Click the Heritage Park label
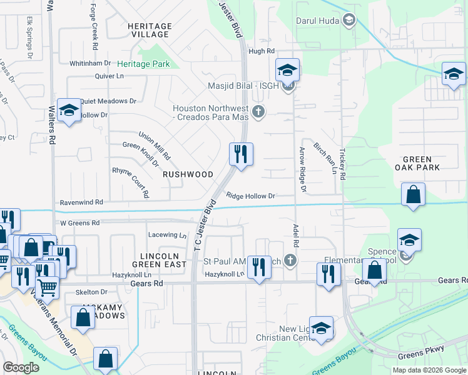pos(143,64)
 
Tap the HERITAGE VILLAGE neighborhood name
pos(149,30)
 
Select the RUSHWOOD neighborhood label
pos(188,174)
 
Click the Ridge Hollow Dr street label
pos(251,196)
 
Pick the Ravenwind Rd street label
pos(81,202)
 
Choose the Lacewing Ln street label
pos(168,236)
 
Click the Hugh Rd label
pos(262,51)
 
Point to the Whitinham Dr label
pos(90,63)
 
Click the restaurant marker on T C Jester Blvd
pos(241,154)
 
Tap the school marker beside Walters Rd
pos(68,111)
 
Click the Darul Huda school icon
pos(348,21)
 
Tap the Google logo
pos(21,367)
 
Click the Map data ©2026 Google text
pos(429,370)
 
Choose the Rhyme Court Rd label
pos(130,181)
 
